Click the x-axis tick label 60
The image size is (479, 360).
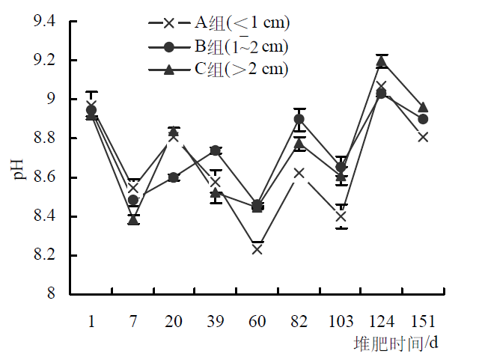[x=257, y=321]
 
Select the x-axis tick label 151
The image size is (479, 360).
[x=423, y=321]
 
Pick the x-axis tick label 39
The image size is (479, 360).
[x=216, y=321]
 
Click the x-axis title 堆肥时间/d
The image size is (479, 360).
[x=396, y=344]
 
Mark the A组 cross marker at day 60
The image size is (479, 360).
[x=257, y=249]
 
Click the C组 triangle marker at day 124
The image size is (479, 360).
[x=382, y=61]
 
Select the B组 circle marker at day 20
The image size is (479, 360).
[x=174, y=177]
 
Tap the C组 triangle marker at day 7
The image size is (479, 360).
[x=133, y=219]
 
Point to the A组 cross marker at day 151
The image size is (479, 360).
[x=423, y=137]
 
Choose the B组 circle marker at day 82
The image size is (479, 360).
[x=299, y=119]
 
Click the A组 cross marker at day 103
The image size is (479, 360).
[x=341, y=217]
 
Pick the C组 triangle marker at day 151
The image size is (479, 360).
[x=423, y=108]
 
